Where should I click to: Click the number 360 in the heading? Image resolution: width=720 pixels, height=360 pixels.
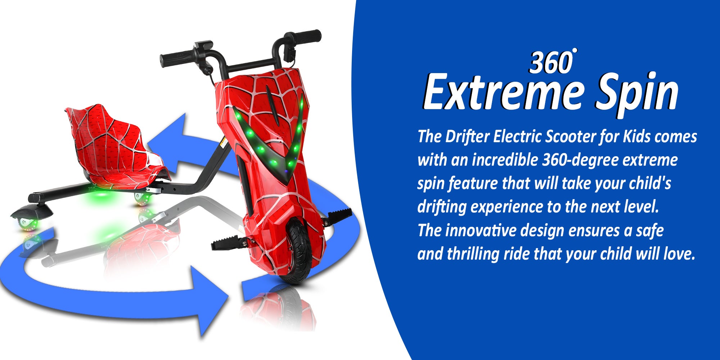pyautogui.click(x=551, y=63)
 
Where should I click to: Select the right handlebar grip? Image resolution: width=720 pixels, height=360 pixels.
pyautogui.click(x=306, y=36)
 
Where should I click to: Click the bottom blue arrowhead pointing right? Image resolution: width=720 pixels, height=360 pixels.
pyautogui.click(x=211, y=301)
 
